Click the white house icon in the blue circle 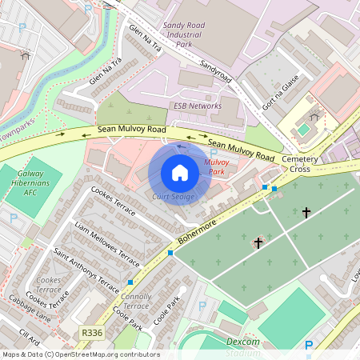(x=180, y=172)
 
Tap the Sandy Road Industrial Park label (x=184, y=36)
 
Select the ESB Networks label (x=198, y=106)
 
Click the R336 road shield (x=90, y=331)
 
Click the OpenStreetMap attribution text (x=81, y=354)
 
